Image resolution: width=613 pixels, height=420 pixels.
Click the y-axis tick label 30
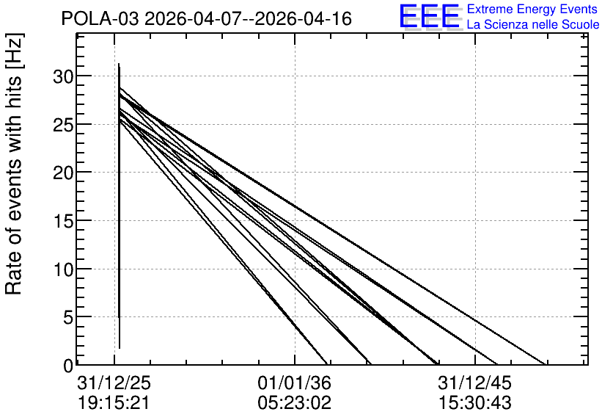pos(63,76)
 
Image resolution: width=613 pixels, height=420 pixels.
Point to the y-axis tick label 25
pos(63,125)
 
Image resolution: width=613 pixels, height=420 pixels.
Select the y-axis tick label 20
pos(63,173)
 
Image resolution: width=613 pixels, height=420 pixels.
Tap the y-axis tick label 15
pos(63,221)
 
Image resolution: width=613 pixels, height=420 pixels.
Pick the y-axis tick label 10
pos(63,269)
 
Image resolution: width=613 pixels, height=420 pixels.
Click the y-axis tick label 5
pos(68,317)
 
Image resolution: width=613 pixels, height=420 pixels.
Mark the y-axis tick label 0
pos(68,366)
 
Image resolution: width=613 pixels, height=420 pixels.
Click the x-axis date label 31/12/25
pos(114,383)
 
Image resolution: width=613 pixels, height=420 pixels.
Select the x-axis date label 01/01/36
pos(294,383)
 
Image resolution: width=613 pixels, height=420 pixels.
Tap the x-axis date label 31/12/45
pos(475,383)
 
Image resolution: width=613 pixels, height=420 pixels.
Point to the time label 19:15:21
pos(114,403)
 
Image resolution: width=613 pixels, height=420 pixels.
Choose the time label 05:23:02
pos(294,403)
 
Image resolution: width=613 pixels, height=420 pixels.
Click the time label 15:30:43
pos(475,403)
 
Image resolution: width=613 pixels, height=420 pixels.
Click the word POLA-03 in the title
pos(100,19)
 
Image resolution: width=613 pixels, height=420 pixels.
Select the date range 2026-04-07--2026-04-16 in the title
pos(249,19)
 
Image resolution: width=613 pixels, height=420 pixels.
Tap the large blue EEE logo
pos(430,16)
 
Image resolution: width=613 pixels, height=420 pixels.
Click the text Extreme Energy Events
pos(532,9)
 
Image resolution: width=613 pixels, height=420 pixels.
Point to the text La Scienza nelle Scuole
pos(533,25)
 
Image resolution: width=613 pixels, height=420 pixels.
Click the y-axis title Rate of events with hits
pos(14,164)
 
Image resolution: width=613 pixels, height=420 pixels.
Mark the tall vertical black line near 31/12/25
pos(120,206)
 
